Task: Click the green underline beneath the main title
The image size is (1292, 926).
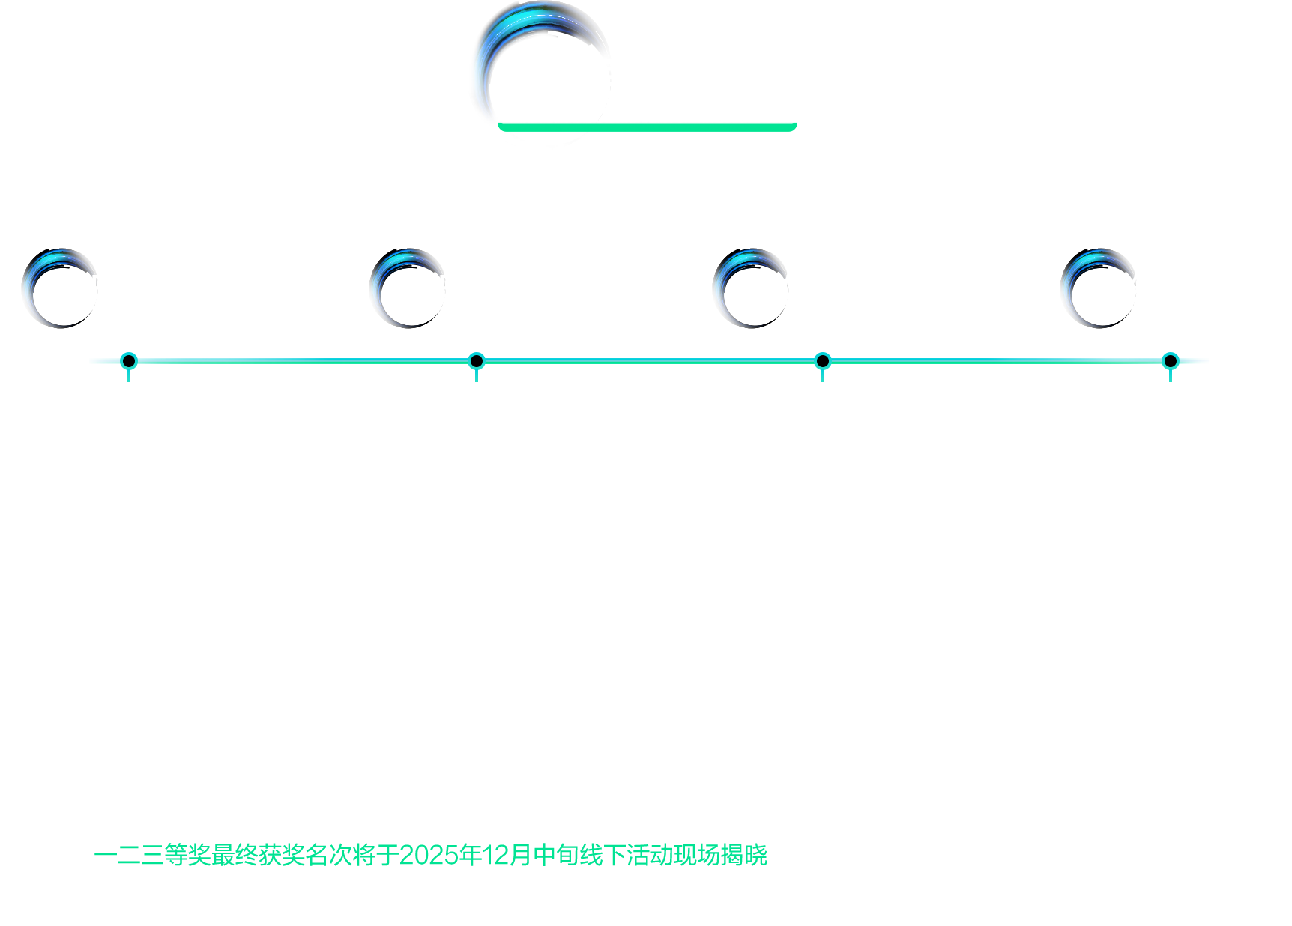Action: [647, 126]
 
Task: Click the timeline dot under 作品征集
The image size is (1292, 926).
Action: [129, 361]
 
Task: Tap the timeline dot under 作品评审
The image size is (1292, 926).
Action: [477, 361]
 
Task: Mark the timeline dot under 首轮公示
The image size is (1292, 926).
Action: [822, 361]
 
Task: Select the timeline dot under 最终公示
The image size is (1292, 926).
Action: [1170, 361]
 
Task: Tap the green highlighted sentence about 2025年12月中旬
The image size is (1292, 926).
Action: [431, 855]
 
